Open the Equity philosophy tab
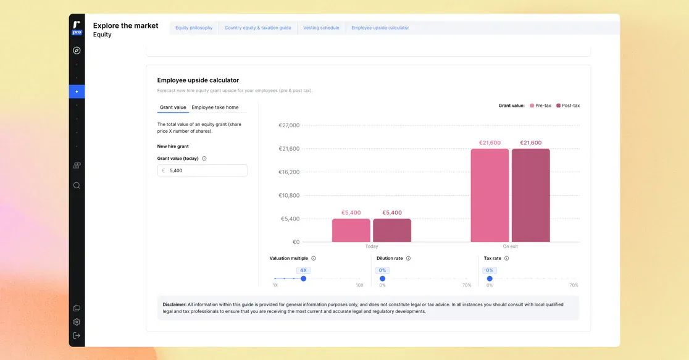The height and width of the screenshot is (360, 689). [x=194, y=28]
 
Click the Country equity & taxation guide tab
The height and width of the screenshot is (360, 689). [x=258, y=28]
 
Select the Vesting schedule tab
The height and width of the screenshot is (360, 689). [x=321, y=28]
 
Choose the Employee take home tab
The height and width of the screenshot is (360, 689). [x=215, y=107]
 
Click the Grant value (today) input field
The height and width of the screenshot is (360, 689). [x=202, y=170]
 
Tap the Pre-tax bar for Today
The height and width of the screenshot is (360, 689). [x=351, y=230]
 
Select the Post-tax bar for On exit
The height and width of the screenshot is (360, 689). [x=531, y=196]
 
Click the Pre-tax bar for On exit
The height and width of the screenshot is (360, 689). [x=490, y=196]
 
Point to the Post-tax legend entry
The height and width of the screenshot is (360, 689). [x=568, y=106]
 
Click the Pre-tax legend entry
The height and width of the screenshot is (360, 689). [x=540, y=106]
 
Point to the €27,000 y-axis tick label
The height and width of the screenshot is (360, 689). [x=289, y=125]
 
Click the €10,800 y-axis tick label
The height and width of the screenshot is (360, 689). [x=289, y=195]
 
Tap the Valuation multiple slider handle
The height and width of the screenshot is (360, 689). [x=304, y=278]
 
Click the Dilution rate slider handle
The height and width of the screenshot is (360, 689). [x=382, y=278]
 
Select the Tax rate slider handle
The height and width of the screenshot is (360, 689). [x=490, y=278]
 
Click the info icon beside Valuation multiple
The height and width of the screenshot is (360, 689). [x=314, y=259]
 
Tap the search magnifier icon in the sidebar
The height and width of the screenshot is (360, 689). [x=77, y=185]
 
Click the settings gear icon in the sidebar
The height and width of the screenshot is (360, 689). [x=77, y=322]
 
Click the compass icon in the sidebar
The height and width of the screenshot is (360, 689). [x=77, y=51]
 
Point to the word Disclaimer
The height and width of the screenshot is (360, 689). [x=175, y=304]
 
